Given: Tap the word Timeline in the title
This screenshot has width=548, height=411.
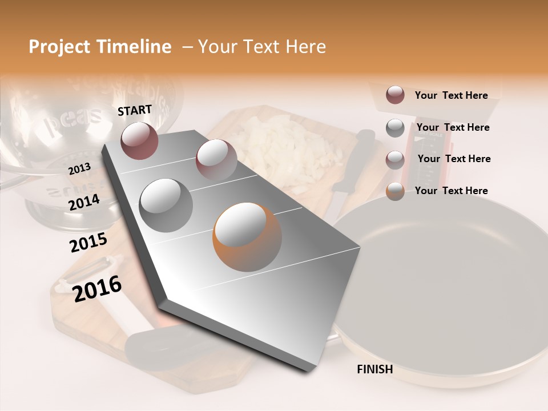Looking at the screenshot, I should pos(135,47).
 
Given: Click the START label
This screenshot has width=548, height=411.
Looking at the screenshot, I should pos(135,110).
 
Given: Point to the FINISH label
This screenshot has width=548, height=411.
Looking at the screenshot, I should pos(375,369).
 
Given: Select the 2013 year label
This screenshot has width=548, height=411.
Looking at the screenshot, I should pos(79,168).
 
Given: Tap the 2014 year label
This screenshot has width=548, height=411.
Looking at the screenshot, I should pos(84,203).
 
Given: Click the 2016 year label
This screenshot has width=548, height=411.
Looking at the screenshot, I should pos(97,289).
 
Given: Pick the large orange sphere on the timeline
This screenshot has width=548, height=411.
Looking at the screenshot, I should pos(247,237).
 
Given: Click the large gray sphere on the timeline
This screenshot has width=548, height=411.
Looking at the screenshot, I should pos(166,205).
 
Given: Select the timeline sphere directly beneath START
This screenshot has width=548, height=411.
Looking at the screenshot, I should pos(139,140).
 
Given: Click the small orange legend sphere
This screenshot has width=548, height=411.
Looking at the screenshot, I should pos(395,191).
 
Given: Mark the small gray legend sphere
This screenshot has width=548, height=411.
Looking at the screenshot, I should pos(395,128).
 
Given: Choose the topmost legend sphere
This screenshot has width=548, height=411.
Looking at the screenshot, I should pos(395,95).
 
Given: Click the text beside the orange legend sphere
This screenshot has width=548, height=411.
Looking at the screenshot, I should pos(451,191).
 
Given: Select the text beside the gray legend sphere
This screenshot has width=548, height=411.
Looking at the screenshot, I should pos(453,127).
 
